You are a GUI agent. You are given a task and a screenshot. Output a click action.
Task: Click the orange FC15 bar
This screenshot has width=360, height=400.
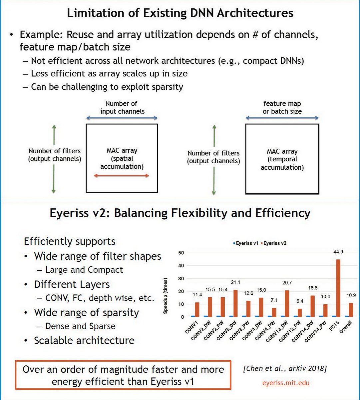(x=338, y=288)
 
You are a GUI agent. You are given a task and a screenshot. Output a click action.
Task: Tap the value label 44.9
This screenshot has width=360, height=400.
(x=338, y=252)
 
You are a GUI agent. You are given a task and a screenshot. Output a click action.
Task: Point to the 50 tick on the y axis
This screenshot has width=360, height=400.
(x=181, y=253)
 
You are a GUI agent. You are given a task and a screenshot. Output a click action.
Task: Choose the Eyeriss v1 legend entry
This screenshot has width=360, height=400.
(x=246, y=243)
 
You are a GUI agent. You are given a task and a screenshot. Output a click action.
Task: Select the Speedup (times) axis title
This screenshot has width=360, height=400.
(x=166, y=296)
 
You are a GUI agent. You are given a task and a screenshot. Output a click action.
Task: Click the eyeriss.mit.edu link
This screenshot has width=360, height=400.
(x=286, y=383)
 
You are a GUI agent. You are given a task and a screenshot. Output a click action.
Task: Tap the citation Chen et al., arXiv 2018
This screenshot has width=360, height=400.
(x=285, y=369)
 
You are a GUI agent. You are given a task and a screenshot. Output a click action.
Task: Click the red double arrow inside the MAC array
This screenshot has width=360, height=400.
(x=122, y=175)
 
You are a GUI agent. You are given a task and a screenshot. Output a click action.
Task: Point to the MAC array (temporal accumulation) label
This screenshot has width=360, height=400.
(x=282, y=159)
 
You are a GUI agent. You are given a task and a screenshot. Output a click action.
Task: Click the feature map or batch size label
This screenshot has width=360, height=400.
(x=282, y=107)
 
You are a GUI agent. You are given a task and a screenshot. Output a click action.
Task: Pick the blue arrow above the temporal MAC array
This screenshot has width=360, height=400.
(x=282, y=118)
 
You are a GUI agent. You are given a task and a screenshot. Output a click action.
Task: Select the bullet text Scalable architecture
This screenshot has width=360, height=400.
(x=84, y=340)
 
